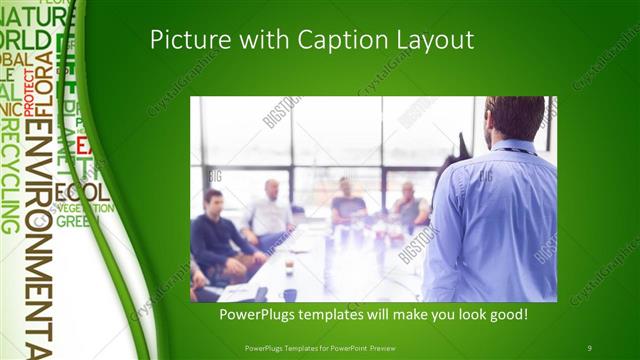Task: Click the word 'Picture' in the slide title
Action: click(x=183, y=40)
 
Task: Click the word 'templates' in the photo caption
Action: click(x=342, y=315)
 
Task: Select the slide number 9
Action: click(x=589, y=346)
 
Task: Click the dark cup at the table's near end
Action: click(x=289, y=294)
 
